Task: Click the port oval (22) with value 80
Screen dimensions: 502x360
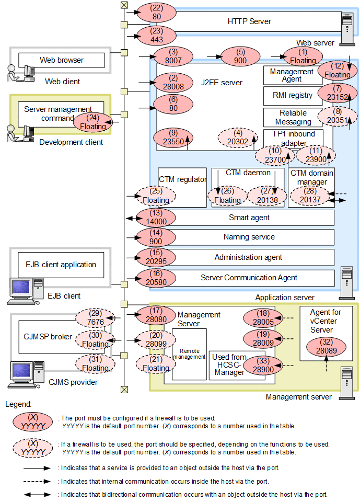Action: [156, 12]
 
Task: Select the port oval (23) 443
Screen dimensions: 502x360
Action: [156, 36]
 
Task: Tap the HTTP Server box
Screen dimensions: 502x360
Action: [249, 21]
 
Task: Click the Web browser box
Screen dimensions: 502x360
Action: [62, 60]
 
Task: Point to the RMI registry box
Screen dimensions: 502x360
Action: [293, 96]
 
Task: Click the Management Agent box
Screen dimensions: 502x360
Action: [292, 75]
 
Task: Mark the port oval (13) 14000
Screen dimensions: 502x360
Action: [156, 217]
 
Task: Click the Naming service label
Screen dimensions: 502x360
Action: [249, 237]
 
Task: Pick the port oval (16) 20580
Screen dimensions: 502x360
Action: [156, 278]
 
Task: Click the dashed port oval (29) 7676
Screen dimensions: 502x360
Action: [95, 317]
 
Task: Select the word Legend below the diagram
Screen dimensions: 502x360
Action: [19, 404]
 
